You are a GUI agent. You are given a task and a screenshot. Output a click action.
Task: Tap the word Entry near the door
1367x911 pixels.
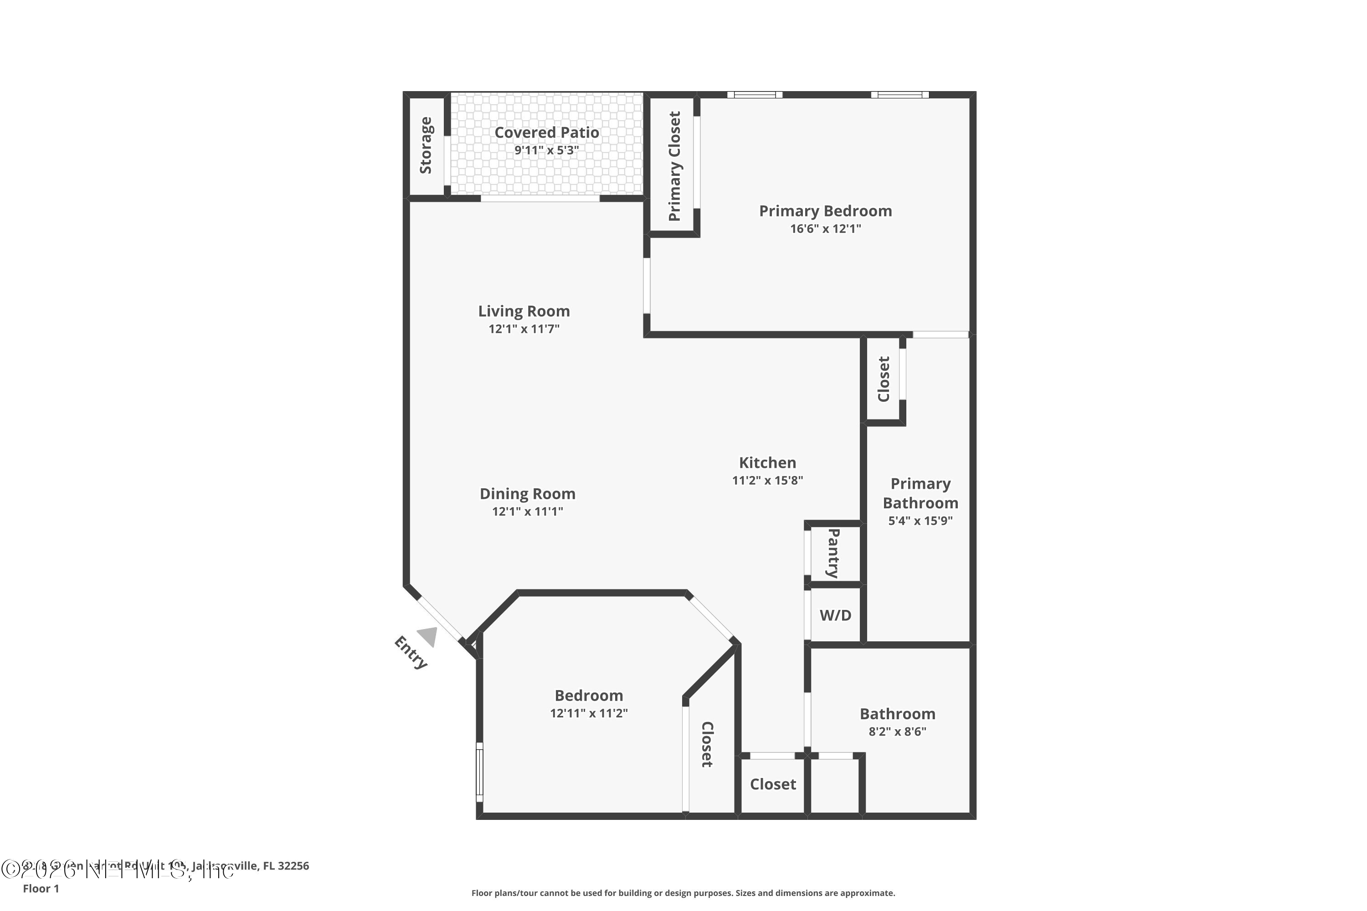pos(411,652)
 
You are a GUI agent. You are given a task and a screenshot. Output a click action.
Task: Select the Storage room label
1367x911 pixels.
pos(426,145)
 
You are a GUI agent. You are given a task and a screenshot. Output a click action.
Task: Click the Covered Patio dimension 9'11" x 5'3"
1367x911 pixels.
pos(546,150)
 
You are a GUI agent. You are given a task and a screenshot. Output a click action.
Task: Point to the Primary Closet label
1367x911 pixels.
pos(674,166)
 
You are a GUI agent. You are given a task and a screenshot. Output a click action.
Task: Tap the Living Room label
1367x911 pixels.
pos(524,312)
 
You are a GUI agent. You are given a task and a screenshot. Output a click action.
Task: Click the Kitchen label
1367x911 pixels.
pos(767,463)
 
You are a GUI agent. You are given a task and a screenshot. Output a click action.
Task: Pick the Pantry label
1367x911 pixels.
pos(833,553)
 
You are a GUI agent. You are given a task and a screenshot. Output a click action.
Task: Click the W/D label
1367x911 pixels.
pos(835,616)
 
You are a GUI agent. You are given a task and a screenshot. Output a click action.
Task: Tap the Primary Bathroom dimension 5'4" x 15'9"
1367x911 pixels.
pos(920,521)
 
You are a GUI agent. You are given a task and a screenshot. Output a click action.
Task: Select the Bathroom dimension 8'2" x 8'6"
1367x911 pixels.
pos(897,732)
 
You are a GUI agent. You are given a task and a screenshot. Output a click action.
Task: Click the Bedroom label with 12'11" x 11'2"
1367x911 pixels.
pos(588,696)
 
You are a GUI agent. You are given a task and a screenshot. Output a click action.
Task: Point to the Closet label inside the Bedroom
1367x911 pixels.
pos(707,744)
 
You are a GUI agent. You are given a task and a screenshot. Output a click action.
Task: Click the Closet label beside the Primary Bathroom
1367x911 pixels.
pos(884,379)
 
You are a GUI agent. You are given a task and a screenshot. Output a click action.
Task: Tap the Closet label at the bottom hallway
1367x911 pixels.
pos(772,784)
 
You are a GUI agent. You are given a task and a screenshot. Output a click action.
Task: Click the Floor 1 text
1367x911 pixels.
pos(41,888)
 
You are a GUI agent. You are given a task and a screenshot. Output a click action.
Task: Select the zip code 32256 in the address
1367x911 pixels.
pos(293,866)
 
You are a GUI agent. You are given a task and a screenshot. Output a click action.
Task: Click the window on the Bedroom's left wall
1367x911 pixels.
pos(479,772)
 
